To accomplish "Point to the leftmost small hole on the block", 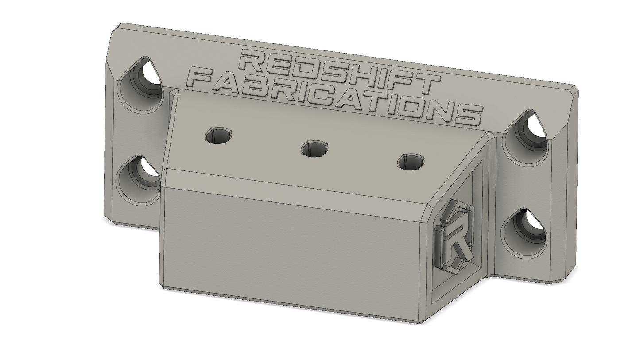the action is tap(218, 135).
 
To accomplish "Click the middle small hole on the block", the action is tap(314, 149).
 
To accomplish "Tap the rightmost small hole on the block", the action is tap(411, 162).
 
